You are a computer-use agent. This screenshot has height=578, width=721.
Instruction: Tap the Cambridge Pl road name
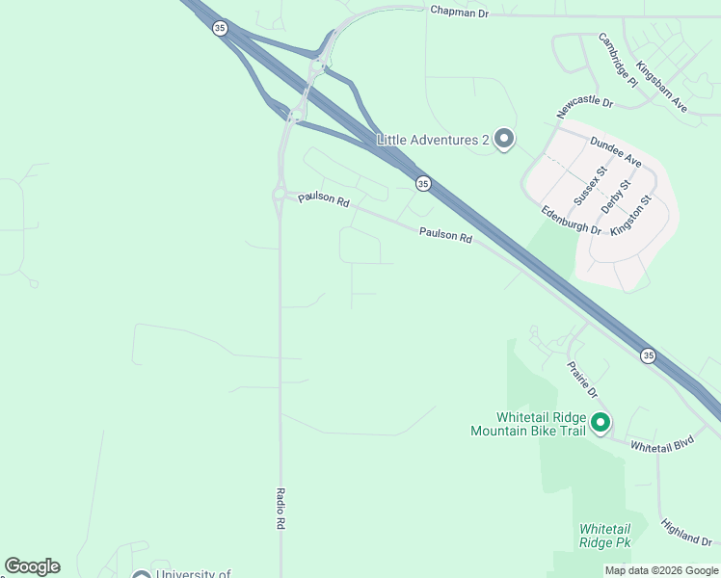618,60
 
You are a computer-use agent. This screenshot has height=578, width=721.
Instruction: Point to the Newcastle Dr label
584,107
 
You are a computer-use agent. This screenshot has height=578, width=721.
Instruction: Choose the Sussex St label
591,185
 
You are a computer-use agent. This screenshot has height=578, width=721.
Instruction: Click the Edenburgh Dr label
571,221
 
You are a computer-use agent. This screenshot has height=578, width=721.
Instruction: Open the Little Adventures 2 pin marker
503,140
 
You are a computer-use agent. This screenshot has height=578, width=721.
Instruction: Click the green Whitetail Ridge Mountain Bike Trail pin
600,423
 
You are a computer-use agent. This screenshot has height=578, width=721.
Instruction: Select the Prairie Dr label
582,380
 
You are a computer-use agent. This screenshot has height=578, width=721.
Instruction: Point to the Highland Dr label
685,532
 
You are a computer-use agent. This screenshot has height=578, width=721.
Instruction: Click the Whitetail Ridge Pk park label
604,536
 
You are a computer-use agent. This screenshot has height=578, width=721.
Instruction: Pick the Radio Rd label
281,508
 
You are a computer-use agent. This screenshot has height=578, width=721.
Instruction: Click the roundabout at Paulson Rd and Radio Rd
279,196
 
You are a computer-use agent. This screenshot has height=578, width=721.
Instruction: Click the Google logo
32,566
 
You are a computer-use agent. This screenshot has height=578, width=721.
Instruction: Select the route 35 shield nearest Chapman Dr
221,29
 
